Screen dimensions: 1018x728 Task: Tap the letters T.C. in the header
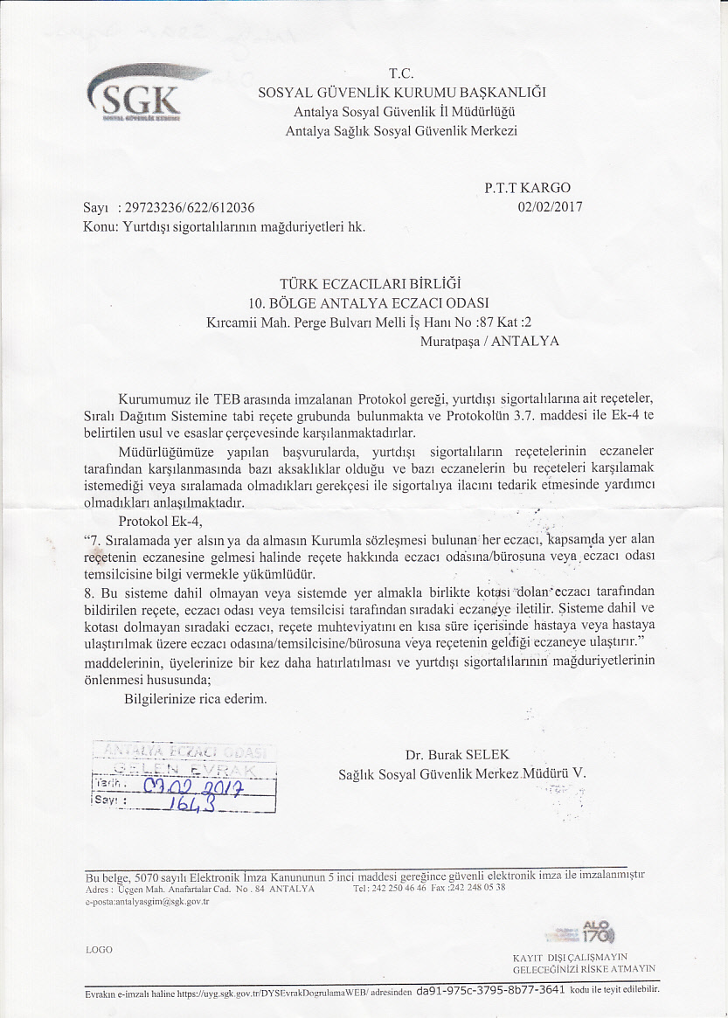tap(400, 74)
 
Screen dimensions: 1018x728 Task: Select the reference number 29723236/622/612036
tap(190, 208)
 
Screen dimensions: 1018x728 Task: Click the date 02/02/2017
tap(550, 207)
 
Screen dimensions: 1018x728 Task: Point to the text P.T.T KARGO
tap(527, 188)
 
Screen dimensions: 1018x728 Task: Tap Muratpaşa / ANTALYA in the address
tap(489, 341)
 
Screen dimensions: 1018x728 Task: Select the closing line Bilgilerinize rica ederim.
tap(196, 698)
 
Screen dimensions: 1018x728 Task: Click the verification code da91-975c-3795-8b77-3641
tap(490, 991)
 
